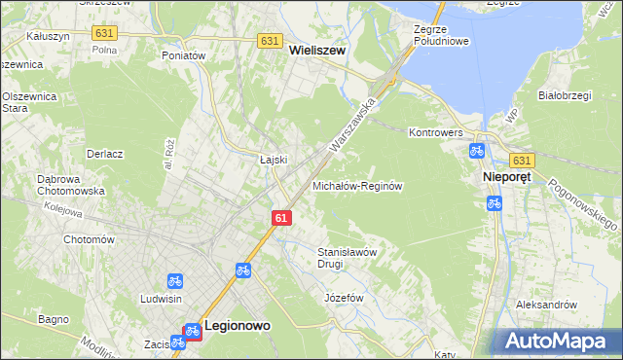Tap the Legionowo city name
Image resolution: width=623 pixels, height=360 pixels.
click(x=236, y=329)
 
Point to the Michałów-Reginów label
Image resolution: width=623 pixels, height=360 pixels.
click(x=357, y=185)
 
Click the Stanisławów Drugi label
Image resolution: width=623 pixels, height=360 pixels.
click(x=348, y=257)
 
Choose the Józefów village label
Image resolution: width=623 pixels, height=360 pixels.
click(x=344, y=297)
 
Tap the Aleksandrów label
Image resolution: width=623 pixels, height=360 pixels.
click(x=546, y=305)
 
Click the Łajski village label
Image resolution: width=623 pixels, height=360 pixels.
click(x=271, y=160)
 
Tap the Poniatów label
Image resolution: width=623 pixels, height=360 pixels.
click(x=185, y=56)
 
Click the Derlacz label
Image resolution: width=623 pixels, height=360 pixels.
click(x=104, y=155)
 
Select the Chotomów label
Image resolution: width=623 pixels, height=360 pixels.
click(x=89, y=239)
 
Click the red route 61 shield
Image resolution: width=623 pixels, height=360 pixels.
click(x=280, y=219)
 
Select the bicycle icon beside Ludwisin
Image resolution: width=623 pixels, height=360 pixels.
click(x=175, y=281)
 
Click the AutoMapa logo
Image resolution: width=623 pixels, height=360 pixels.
click(x=559, y=342)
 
